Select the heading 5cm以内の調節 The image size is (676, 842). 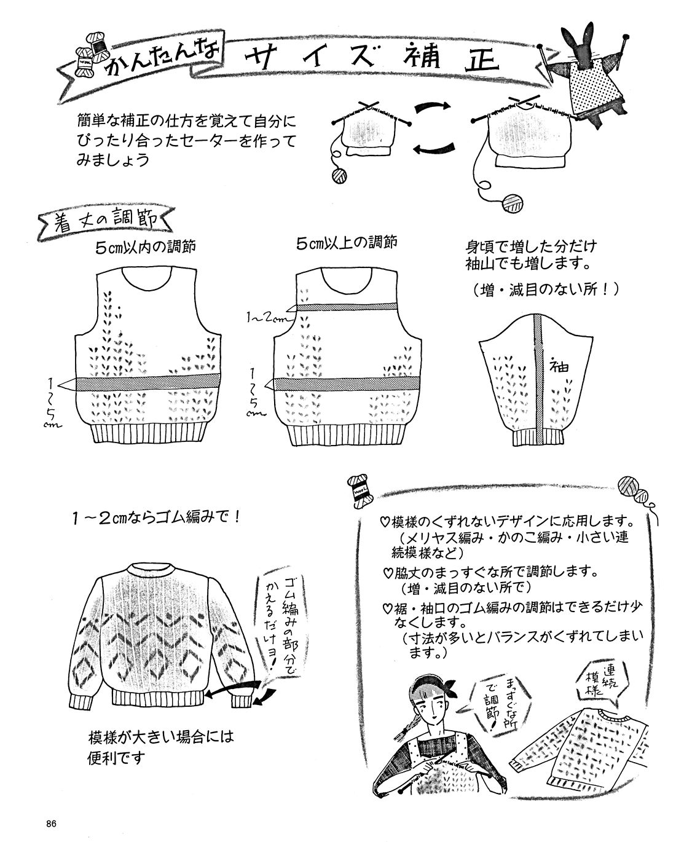coord(146,247)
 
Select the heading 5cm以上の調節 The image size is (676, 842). coord(347,243)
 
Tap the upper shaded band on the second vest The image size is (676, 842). coord(347,307)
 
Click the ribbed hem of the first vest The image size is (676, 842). coord(148,434)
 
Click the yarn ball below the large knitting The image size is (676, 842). coord(513,203)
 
